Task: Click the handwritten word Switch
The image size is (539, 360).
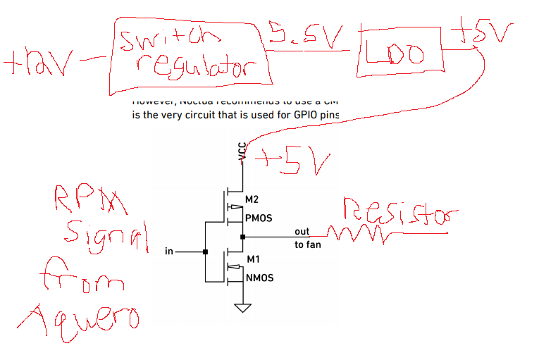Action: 163,39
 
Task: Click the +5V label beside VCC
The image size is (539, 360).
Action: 290,163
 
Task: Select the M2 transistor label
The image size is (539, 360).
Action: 252,201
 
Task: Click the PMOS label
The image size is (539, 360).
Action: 258,219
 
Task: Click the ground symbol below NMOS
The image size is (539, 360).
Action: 243,307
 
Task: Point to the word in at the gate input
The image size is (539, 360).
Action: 168,251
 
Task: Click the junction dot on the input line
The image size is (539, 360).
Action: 205,251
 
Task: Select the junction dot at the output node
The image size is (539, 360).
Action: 243,237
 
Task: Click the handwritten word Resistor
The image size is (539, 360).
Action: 398,212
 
